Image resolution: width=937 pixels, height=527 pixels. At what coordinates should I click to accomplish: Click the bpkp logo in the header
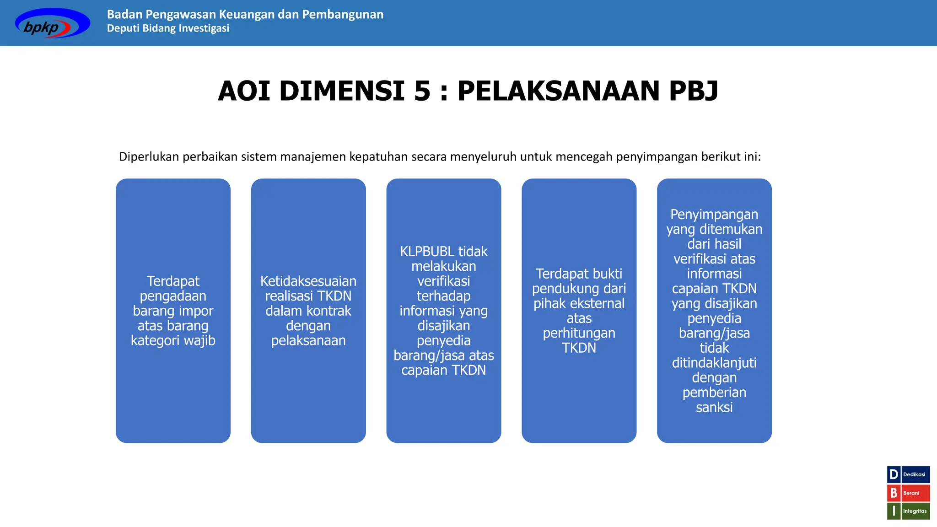tap(52, 23)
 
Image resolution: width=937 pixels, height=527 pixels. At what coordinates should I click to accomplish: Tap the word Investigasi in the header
tap(204, 28)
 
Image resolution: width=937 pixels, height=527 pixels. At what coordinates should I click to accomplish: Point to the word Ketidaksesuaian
tap(308, 281)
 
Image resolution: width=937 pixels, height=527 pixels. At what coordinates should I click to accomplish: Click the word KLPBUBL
tap(427, 252)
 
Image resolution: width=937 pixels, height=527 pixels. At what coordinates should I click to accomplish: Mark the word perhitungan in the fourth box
tap(579, 333)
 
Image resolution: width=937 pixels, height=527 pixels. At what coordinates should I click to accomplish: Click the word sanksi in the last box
tap(714, 408)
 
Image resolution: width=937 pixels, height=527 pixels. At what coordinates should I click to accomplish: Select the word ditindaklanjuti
tap(714, 363)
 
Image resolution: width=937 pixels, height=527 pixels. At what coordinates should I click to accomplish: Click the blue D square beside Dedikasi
tap(894, 474)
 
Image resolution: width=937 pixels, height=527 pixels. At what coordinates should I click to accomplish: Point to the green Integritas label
tap(915, 511)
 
